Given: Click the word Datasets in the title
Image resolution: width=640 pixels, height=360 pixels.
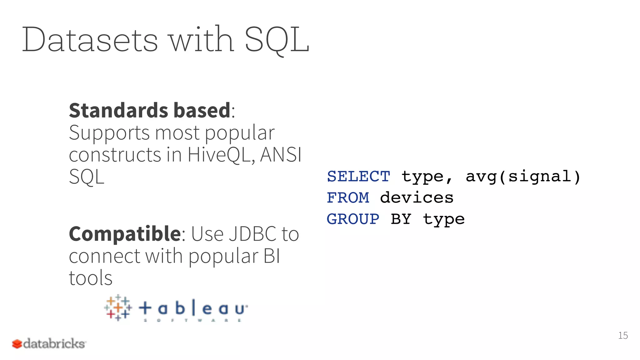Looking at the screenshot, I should [90, 40].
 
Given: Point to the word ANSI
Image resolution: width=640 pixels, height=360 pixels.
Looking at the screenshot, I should [281, 155].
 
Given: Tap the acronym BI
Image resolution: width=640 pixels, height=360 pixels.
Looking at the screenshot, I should [272, 256].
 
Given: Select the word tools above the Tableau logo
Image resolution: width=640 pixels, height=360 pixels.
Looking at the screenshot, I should [91, 278].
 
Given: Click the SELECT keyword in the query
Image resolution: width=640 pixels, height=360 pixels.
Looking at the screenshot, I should [358, 177].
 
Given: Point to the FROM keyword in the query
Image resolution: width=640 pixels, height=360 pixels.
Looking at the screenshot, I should [348, 198].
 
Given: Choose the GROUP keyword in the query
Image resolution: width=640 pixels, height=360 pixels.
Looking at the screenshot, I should [353, 219].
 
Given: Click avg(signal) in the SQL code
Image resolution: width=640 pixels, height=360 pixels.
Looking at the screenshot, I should [523, 177].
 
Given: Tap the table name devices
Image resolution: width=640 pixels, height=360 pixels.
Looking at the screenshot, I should [417, 198].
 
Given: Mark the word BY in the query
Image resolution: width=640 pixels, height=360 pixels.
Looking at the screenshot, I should [401, 219].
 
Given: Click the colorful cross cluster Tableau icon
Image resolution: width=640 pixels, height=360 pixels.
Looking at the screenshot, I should [118, 307].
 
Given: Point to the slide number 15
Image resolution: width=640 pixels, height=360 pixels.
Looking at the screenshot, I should [623, 336].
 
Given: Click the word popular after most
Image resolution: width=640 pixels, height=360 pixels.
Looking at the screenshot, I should [240, 133].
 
